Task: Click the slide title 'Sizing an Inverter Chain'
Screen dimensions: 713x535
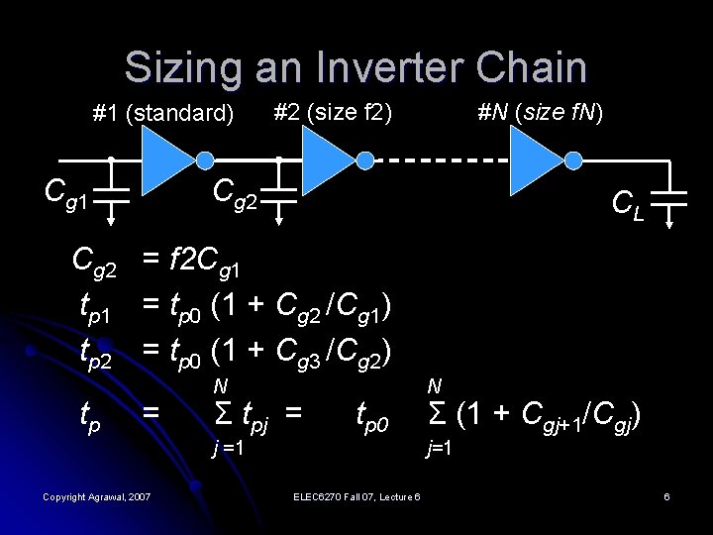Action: (356, 67)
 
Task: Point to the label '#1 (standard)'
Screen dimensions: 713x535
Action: (163, 113)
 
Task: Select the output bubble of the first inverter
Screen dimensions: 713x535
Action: (204, 160)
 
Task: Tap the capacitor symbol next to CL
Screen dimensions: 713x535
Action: (676, 202)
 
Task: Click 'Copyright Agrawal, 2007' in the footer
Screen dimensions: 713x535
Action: (97, 495)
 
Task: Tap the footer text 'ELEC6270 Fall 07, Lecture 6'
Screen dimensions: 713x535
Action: (357, 495)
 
